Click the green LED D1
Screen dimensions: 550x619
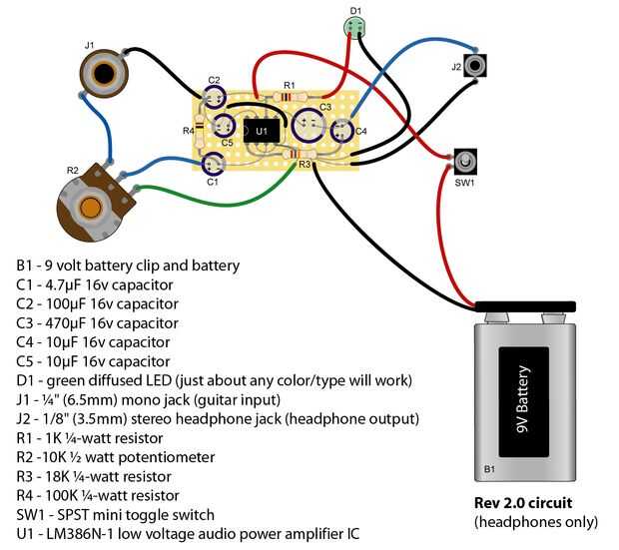(x=356, y=29)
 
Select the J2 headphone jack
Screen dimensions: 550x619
(x=476, y=67)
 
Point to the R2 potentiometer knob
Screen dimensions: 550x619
(x=89, y=207)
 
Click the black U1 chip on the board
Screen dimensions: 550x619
(x=261, y=130)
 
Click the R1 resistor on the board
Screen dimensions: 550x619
(x=288, y=97)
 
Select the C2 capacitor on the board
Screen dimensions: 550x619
(x=214, y=98)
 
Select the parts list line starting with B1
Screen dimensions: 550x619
(x=128, y=266)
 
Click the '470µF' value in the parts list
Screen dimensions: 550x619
(x=76, y=323)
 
